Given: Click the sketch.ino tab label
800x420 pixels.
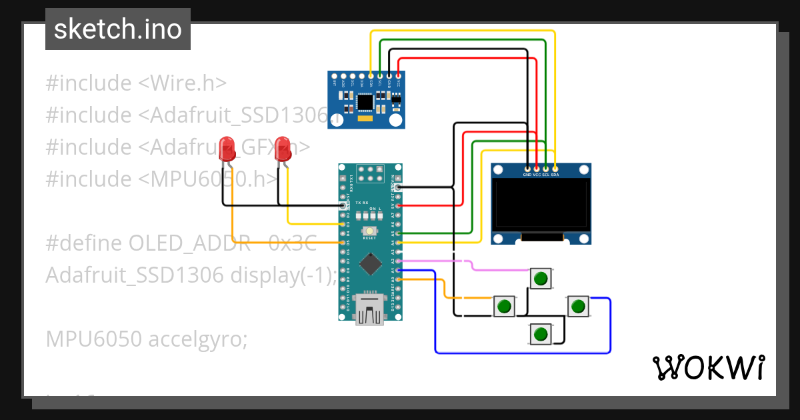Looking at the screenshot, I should (117, 29).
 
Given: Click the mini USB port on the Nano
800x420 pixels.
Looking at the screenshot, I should (369, 309).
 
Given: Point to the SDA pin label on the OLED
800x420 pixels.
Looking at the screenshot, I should (555, 174).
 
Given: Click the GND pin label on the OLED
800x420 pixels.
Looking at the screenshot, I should (527, 174).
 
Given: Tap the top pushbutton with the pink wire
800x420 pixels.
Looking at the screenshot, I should (541, 278).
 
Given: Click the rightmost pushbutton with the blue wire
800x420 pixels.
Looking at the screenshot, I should (578, 306).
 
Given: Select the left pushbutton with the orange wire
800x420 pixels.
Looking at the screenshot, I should (505, 306).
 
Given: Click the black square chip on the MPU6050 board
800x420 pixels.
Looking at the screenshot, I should (365, 102).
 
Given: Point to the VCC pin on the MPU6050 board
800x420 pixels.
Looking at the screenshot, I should (398, 75).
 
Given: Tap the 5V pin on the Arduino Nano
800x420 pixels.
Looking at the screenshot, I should (399, 206).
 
